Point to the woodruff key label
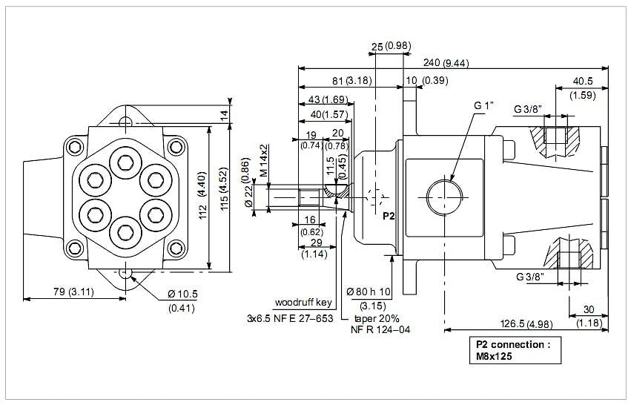pos(303,303)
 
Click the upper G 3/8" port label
pos(529,110)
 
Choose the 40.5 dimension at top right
pos(583,81)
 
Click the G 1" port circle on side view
pos(444,196)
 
